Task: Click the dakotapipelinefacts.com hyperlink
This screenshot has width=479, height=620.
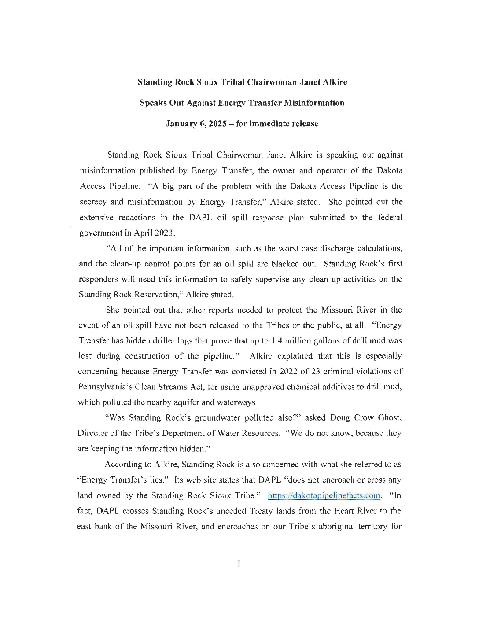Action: coord(324,495)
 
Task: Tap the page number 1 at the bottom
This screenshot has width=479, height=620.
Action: coord(238,562)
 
